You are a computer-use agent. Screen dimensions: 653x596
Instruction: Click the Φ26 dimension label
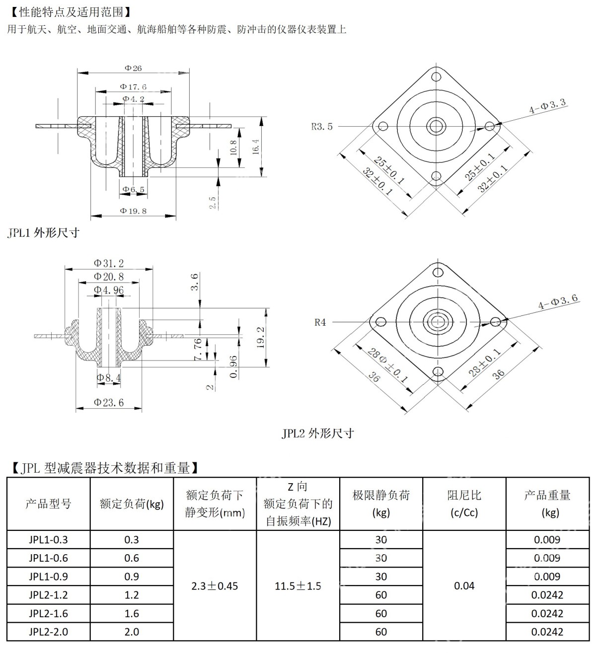click(133, 68)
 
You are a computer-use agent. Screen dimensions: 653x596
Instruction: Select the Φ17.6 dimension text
click(133, 87)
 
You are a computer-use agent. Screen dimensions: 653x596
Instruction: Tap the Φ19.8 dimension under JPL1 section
click(133, 211)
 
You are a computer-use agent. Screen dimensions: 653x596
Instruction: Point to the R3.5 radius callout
click(322, 126)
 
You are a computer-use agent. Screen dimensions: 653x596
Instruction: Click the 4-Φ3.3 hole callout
click(547, 106)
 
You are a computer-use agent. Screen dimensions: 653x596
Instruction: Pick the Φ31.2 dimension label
click(109, 263)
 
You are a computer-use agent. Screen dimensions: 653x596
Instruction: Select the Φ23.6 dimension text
click(109, 402)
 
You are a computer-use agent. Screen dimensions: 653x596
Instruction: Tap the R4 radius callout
click(320, 322)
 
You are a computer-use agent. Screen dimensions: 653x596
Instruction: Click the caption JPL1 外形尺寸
click(44, 232)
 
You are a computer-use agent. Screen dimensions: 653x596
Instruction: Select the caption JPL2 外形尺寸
click(318, 433)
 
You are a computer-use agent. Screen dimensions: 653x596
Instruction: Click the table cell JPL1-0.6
click(48, 558)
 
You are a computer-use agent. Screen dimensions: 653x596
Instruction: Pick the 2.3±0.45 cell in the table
click(215, 586)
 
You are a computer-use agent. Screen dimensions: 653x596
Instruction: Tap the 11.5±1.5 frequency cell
click(298, 586)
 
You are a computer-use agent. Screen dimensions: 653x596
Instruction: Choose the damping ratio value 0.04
click(464, 586)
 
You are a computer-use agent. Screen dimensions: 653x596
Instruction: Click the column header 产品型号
click(48, 504)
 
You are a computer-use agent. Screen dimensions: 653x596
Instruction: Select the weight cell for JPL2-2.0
click(547, 632)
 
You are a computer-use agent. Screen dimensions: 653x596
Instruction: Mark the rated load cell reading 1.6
click(132, 613)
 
